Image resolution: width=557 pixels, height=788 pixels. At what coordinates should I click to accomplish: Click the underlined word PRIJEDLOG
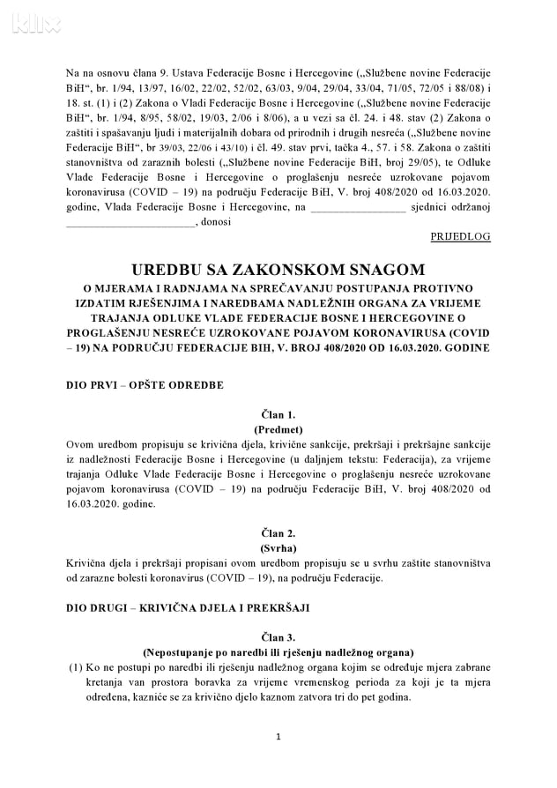click(x=460, y=237)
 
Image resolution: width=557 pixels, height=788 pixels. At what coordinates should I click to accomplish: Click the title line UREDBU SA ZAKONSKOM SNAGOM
click(x=278, y=269)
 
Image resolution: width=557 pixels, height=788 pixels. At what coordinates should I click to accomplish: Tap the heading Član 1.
click(x=278, y=413)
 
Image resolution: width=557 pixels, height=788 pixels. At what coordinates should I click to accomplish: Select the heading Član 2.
click(x=278, y=532)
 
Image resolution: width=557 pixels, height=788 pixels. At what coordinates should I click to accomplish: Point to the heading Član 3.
click(x=278, y=636)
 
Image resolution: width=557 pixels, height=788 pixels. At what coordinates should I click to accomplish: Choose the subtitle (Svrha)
click(x=278, y=547)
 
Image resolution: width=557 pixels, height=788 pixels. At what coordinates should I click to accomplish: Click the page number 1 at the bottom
click(x=278, y=736)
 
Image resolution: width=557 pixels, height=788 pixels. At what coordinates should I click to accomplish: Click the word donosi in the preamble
click(x=217, y=222)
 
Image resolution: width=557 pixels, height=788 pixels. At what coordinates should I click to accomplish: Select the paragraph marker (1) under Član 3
click(x=76, y=667)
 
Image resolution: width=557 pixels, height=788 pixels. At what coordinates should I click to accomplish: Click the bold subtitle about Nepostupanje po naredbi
click(x=278, y=651)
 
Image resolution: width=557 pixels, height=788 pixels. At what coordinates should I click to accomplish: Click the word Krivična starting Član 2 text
click(x=89, y=562)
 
